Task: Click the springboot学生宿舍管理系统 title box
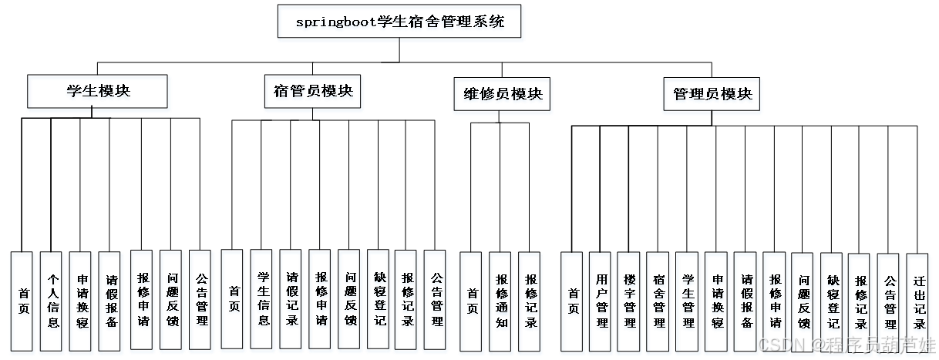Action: click(400, 23)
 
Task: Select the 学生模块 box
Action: click(98, 93)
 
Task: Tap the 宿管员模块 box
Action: click(313, 93)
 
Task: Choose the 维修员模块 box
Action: click(502, 96)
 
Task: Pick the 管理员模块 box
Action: click(712, 96)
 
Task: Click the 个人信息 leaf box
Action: click(52, 303)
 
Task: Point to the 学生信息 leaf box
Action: click(263, 303)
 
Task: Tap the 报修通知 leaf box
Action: click(501, 303)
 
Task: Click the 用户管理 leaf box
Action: click(601, 303)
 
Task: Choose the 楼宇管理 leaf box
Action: click(630, 303)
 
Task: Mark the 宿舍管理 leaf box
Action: click(658, 303)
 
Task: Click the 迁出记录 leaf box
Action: click(918, 303)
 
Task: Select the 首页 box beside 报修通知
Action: click(472, 303)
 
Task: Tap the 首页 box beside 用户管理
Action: click(573, 303)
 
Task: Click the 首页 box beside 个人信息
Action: click(23, 303)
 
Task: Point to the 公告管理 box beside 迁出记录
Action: click(889, 303)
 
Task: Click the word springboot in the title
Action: click(332, 23)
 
